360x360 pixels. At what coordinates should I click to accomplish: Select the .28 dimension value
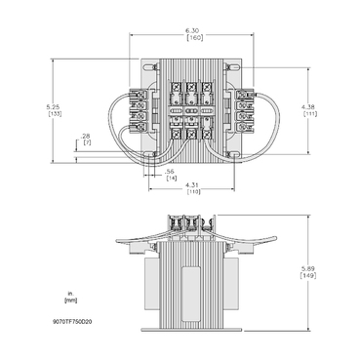point(85,137)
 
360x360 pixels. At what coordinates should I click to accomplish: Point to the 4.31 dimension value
point(193,184)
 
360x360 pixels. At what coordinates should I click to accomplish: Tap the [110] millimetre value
point(193,192)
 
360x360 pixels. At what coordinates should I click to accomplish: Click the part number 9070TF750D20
point(72,318)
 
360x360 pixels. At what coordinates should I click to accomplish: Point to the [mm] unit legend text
point(70,299)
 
